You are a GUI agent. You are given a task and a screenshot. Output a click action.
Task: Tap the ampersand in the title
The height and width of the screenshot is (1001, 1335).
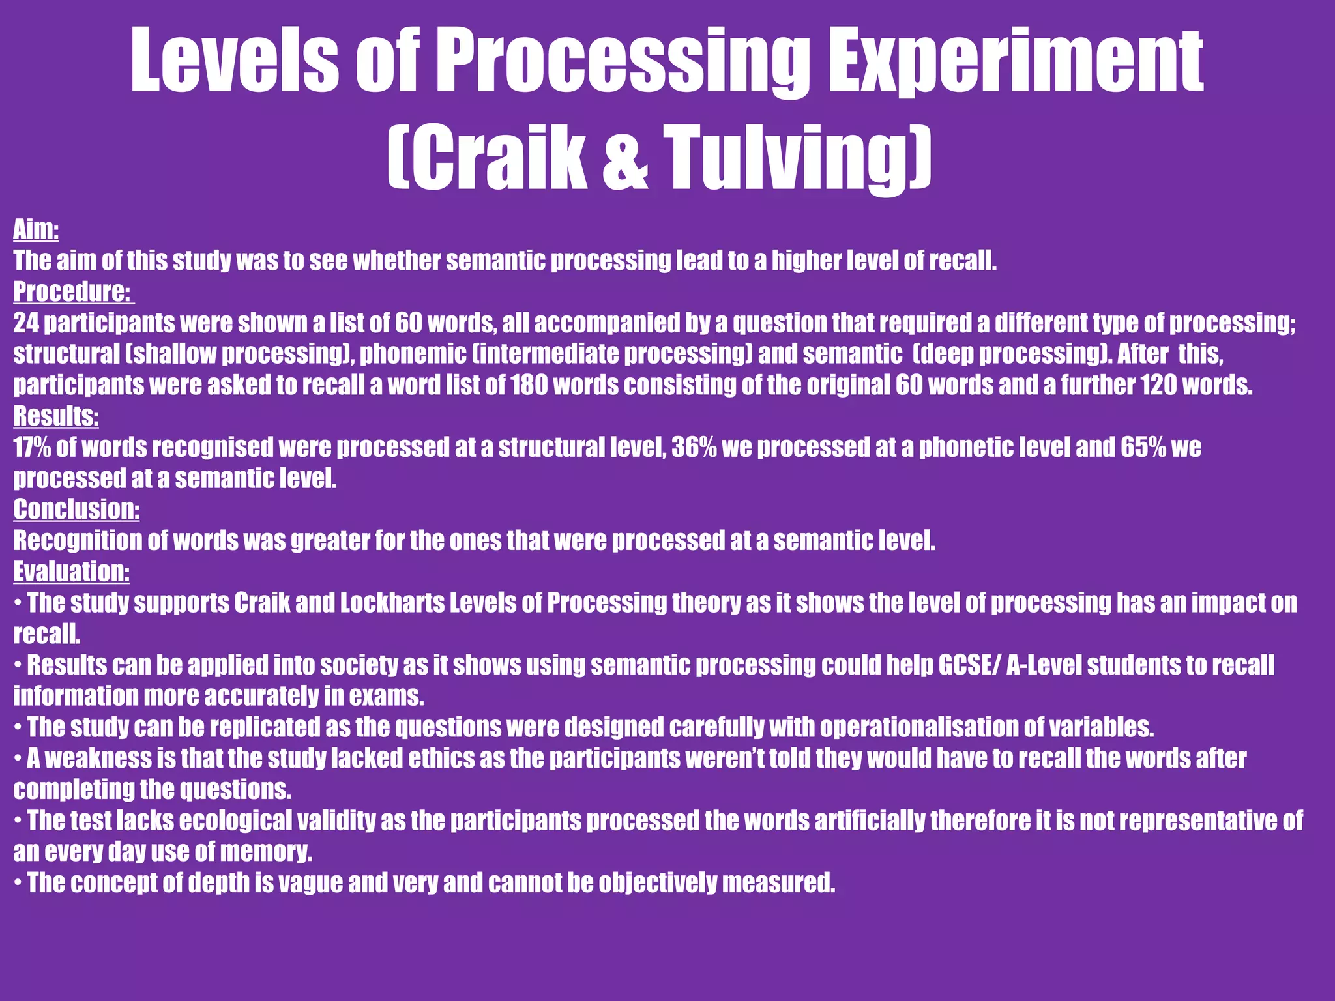[625, 160]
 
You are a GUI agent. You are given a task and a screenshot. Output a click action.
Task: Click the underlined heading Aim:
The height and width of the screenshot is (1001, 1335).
[37, 229]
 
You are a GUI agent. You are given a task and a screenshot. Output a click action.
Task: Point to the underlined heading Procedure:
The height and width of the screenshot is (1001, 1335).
[72, 291]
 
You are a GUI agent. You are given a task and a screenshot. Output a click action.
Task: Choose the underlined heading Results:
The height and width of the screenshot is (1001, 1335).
[56, 416]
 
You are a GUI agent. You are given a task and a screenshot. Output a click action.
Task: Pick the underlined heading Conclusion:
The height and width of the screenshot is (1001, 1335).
[76, 509]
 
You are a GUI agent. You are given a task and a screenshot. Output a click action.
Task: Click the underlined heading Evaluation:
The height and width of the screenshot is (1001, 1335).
[72, 572]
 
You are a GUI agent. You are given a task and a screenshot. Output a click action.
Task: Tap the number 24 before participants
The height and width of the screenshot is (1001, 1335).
[26, 323]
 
